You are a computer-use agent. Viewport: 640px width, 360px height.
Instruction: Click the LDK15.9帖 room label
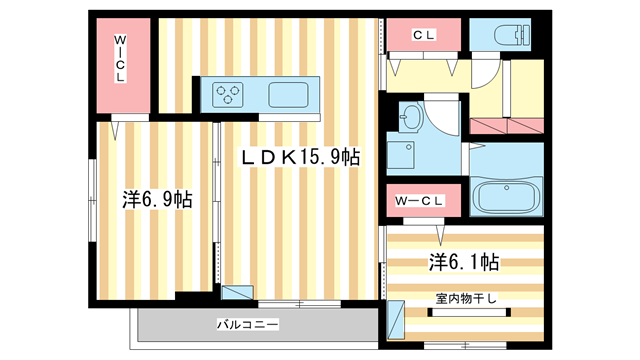tap(298, 158)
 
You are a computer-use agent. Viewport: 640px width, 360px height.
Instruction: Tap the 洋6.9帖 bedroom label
tap(157, 199)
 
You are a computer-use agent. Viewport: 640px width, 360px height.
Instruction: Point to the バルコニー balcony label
tap(247, 324)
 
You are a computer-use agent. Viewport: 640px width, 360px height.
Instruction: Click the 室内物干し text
tap(466, 298)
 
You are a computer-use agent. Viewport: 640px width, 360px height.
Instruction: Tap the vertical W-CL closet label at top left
tap(120, 60)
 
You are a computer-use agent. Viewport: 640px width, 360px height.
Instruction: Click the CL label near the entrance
tap(424, 35)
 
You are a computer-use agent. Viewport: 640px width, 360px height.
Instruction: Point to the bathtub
tap(505, 197)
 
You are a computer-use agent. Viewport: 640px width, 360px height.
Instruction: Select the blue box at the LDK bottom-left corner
tap(237, 296)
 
